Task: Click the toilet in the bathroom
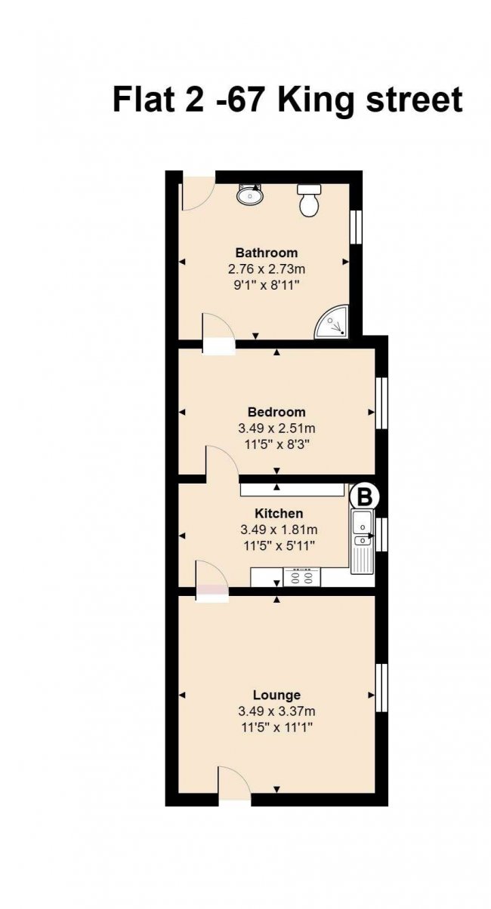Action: point(309,201)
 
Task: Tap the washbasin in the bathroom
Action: point(249,195)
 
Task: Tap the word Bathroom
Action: point(267,253)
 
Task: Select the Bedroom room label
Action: point(276,412)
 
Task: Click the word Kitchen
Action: point(279,514)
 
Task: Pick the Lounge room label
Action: point(276,695)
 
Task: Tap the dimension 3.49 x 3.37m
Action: point(276,711)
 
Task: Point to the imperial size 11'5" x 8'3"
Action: point(276,444)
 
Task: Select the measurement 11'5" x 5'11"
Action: point(279,545)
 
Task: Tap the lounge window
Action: point(381,689)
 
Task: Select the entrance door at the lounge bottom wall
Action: point(235,785)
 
